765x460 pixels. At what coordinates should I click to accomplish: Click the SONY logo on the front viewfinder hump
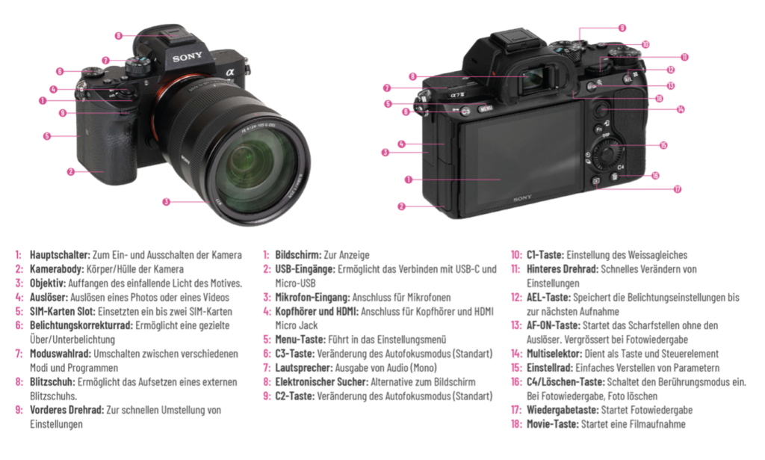(187, 58)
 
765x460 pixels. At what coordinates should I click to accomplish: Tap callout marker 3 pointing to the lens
(167, 202)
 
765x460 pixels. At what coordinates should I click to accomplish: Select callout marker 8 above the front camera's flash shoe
(119, 36)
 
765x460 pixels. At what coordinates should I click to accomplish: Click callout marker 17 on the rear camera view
(678, 189)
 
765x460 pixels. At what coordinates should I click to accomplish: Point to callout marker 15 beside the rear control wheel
(663, 145)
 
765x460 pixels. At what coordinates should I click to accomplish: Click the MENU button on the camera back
(486, 108)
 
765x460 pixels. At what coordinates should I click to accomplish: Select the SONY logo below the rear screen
(522, 197)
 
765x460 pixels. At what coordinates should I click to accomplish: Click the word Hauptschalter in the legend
(60, 255)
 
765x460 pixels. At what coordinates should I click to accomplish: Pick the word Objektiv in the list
(48, 283)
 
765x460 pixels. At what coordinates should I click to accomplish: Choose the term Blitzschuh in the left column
(53, 382)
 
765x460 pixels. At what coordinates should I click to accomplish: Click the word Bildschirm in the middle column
(298, 255)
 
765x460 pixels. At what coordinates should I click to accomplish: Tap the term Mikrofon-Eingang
(312, 298)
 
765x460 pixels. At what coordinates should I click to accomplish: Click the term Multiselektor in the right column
(554, 354)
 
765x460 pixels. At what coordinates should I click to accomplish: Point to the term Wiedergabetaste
(563, 410)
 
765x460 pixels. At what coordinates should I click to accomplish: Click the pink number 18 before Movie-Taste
(516, 424)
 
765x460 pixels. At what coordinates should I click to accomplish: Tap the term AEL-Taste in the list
(548, 298)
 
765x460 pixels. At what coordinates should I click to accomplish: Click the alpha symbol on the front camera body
(230, 73)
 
